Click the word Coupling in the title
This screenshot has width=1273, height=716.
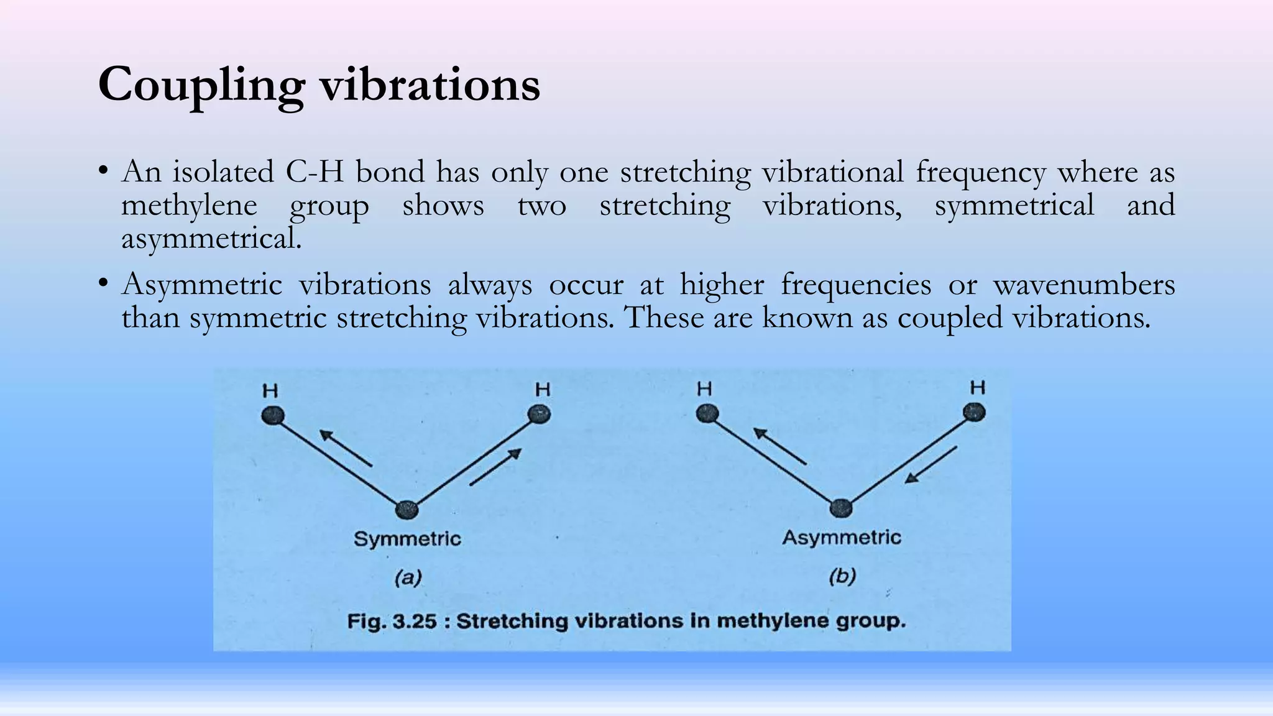pyautogui.click(x=201, y=86)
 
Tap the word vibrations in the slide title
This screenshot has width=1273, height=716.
pyautogui.click(x=430, y=85)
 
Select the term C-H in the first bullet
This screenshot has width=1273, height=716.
pyautogui.click(x=315, y=172)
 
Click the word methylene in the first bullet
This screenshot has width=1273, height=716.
pyautogui.click(x=189, y=206)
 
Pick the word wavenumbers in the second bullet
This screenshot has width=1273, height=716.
pyautogui.click(x=1084, y=285)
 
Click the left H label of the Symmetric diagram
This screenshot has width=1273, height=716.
pyautogui.click(x=270, y=391)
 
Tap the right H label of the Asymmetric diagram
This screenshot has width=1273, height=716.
pyautogui.click(x=978, y=388)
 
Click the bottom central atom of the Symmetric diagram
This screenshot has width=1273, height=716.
pyautogui.click(x=407, y=510)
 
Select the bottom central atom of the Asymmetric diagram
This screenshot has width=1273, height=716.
pyautogui.click(x=841, y=508)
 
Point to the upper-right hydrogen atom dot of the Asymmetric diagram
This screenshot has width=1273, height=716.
pyautogui.click(x=974, y=412)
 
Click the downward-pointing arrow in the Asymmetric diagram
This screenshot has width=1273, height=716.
pyautogui.click(x=931, y=464)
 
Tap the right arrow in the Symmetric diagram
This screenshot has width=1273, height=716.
pyautogui.click(x=495, y=467)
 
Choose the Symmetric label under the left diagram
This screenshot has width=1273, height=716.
pyautogui.click(x=407, y=538)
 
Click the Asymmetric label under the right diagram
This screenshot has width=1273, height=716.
pyautogui.click(x=841, y=537)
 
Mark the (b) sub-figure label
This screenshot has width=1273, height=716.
pyautogui.click(x=842, y=577)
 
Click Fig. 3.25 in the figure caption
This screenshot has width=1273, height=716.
pyautogui.click(x=392, y=621)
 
